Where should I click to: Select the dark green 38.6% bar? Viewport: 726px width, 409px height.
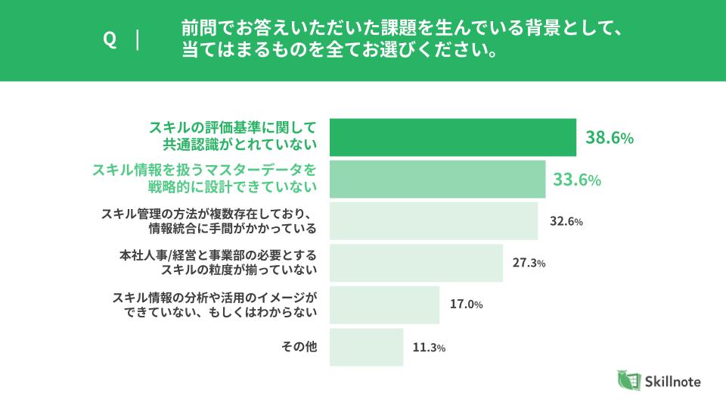pos(453,137)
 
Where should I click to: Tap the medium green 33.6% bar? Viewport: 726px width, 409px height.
pos(438,179)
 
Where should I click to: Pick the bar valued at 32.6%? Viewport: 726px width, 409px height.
pos(434,221)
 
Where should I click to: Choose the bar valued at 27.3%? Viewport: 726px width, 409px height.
pos(417,263)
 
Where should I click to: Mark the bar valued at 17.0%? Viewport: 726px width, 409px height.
pos(385,304)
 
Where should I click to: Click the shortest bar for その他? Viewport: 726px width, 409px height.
pos(367,347)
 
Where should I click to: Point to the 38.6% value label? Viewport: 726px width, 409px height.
pos(609,138)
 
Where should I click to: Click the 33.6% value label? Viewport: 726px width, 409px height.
pos(577,180)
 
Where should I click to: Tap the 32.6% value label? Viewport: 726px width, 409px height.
pos(566,222)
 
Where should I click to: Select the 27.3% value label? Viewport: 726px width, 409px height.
pos(529,264)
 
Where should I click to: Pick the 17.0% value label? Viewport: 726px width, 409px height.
pos(467,305)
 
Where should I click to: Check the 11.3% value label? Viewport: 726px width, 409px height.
pos(429,348)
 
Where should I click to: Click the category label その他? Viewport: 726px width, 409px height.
pos(299,347)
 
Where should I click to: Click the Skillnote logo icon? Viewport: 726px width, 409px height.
pos(628,381)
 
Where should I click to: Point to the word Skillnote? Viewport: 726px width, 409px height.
pos(672,382)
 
